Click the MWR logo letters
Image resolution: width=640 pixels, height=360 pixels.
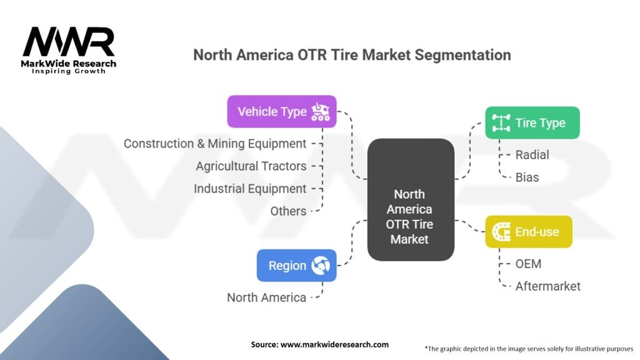[x=69, y=41]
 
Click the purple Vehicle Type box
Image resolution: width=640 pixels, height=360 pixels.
[x=282, y=111]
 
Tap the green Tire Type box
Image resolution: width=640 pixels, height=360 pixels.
[x=532, y=122]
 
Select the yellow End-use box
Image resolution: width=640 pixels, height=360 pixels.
[x=529, y=231]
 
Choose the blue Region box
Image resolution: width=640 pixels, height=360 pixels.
[x=297, y=265]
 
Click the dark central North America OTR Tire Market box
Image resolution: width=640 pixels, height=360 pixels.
[x=411, y=199]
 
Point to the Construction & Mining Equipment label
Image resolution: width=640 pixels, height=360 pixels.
[x=215, y=144]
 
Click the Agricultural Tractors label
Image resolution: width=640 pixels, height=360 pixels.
[x=251, y=166]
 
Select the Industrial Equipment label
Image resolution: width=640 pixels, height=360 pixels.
[x=250, y=189]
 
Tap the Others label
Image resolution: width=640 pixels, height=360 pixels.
[x=288, y=211]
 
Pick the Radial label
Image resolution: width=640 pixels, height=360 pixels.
[x=532, y=155]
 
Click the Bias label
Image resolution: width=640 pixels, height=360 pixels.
[x=527, y=177]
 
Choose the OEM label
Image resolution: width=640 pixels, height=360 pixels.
[x=528, y=264]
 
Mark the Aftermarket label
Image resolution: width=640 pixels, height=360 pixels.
[x=547, y=286]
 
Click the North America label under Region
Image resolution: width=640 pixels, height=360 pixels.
[x=266, y=297]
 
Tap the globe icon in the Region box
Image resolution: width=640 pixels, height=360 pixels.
[x=321, y=265]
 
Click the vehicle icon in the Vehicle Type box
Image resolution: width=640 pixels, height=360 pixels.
[x=321, y=111]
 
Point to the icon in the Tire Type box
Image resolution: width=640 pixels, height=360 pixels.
[x=501, y=122]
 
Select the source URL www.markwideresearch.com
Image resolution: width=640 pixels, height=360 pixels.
[x=335, y=344]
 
